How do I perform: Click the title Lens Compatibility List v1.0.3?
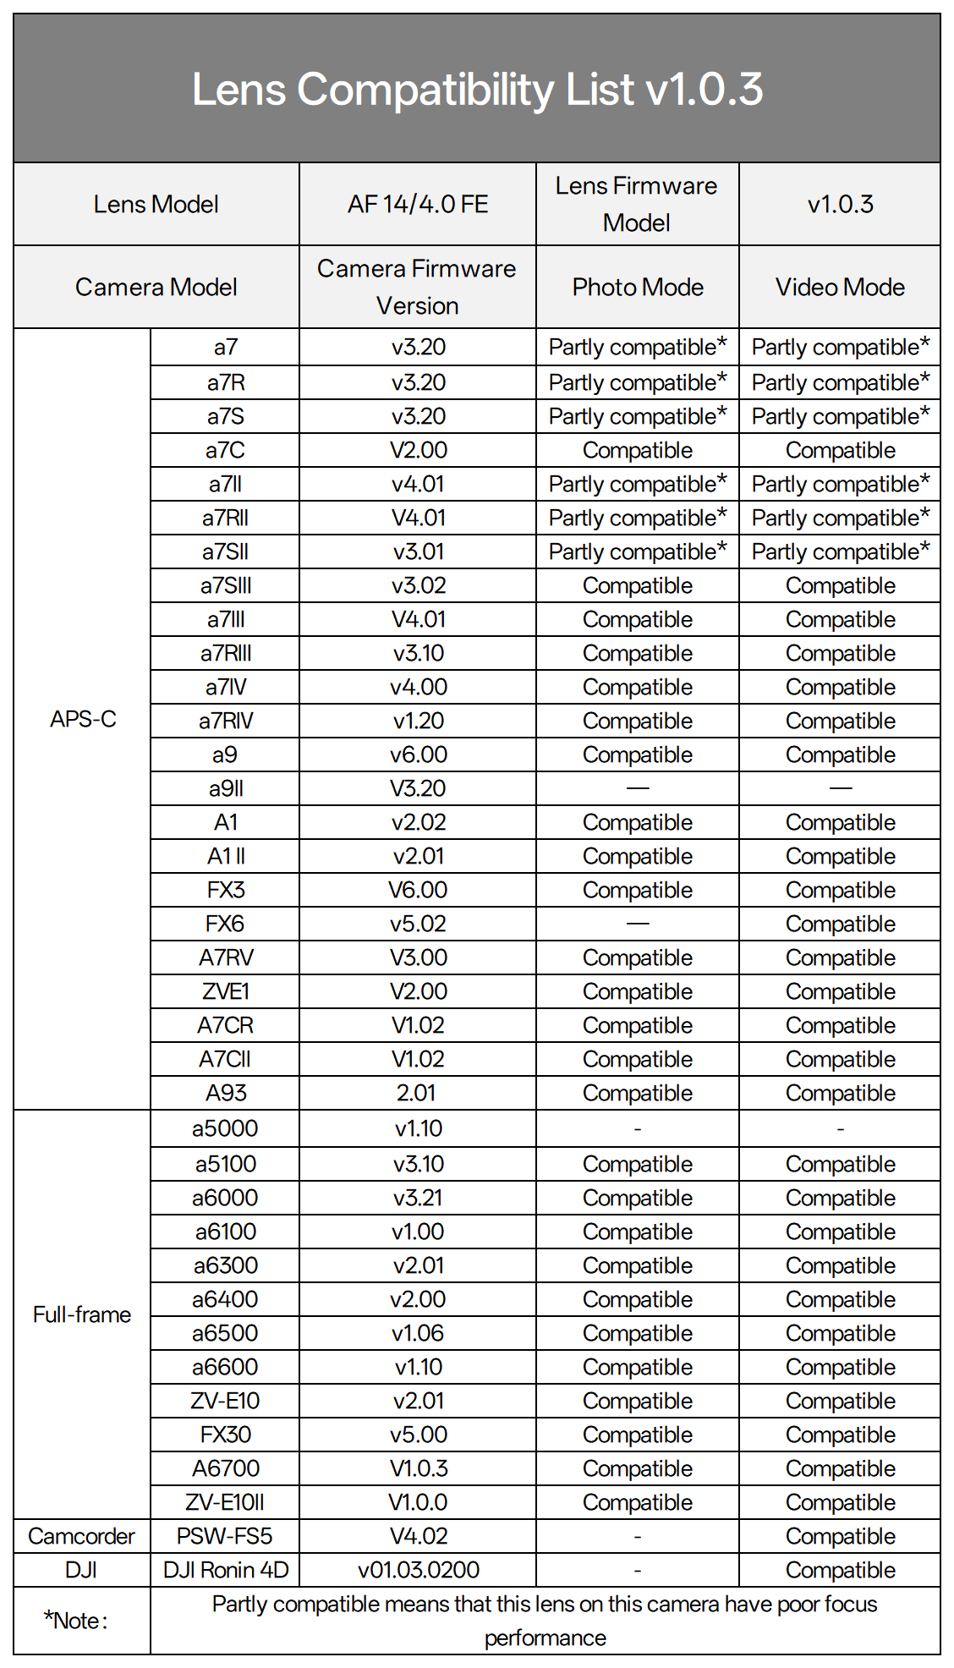coord(477,89)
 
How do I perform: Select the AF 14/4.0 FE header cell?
coord(418,204)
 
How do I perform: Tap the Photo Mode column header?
coord(638,288)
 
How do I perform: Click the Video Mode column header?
coord(840,288)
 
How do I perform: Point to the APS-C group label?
coord(83,719)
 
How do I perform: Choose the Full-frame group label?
coord(82,1314)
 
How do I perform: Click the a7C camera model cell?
coord(225,450)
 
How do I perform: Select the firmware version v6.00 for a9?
coord(419,754)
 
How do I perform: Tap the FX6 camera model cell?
coord(225,924)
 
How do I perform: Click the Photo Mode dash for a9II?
coord(638,788)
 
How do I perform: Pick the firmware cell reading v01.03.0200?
coord(419,1570)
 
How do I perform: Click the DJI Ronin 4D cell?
coord(226,1570)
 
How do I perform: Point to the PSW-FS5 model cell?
coord(225,1536)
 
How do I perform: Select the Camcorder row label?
coord(81,1536)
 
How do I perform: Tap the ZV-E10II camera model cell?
coord(225,1502)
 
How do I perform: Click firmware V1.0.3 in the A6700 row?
coord(419,1468)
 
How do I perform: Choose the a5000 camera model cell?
coord(225,1128)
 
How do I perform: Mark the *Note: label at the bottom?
coord(76,1621)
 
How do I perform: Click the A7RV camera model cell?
coord(226,957)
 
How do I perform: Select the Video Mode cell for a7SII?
coord(840,551)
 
